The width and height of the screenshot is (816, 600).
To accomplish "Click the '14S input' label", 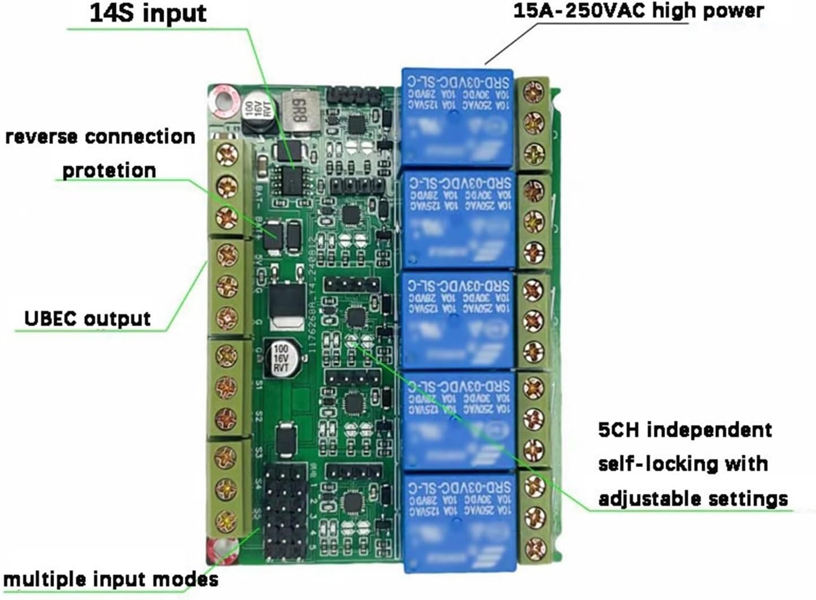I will (x=148, y=14).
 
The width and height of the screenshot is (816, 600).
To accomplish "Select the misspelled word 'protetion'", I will (x=108, y=170).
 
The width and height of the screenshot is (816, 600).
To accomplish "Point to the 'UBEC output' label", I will (x=88, y=319).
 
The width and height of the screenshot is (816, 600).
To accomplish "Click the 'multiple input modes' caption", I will (x=111, y=580).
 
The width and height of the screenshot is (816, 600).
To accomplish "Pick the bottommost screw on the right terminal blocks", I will (x=534, y=547).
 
